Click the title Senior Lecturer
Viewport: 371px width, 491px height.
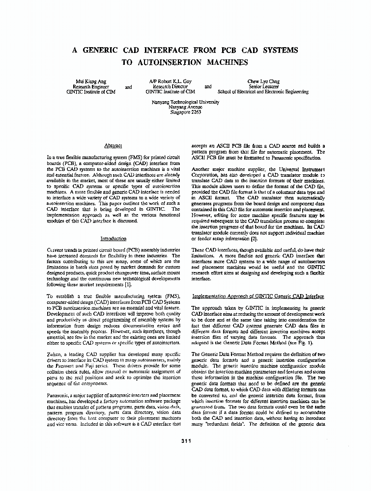point(263,86)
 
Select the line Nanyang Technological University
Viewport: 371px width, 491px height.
point(185,102)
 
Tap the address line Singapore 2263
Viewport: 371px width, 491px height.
point(185,112)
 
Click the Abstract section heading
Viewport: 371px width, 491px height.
point(113,146)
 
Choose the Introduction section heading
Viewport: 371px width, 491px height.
point(113,239)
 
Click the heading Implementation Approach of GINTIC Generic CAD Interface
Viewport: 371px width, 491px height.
point(258,296)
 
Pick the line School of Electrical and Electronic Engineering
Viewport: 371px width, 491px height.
point(263,92)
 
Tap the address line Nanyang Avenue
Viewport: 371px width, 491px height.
point(185,107)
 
